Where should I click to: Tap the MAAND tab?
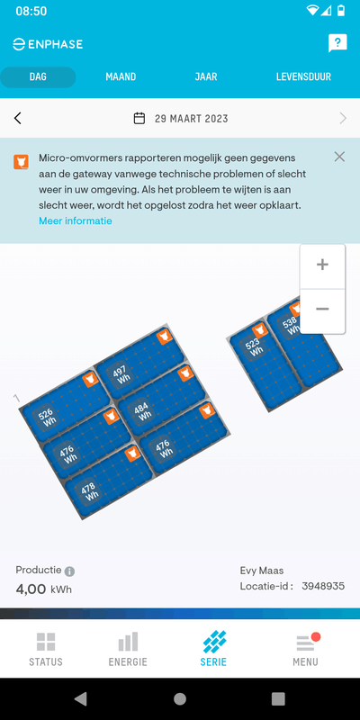(x=121, y=77)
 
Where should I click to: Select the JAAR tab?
(x=206, y=77)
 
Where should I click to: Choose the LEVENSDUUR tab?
(x=303, y=77)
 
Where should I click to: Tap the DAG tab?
(x=38, y=77)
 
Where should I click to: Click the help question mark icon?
(x=337, y=43)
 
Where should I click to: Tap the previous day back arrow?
(x=17, y=119)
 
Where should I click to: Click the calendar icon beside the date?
(x=139, y=119)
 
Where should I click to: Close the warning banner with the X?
(x=339, y=157)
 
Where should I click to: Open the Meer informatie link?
(x=76, y=220)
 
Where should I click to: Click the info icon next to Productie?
(x=69, y=571)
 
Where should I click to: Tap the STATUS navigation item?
(x=46, y=649)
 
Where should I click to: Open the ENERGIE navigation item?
(x=128, y=649)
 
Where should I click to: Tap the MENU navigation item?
(x=306, y=649)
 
